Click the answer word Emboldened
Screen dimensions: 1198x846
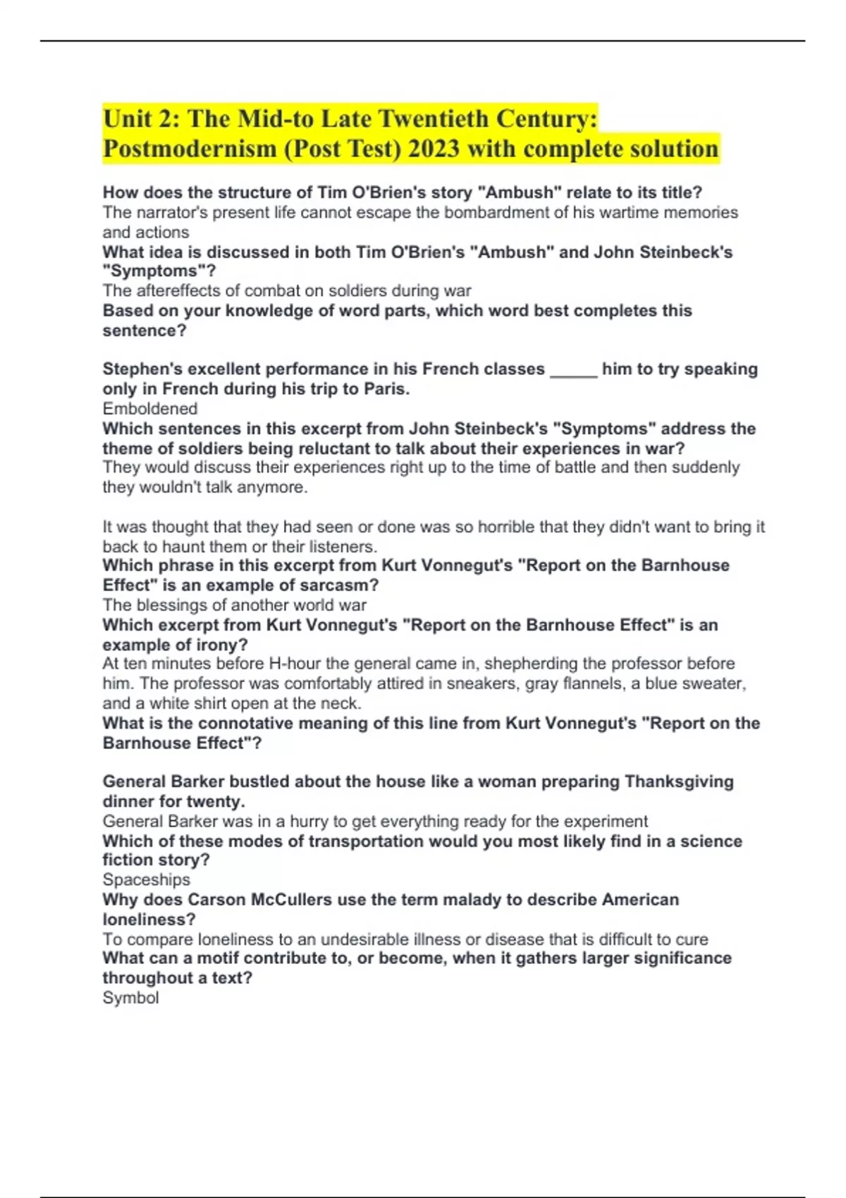coord(150,409)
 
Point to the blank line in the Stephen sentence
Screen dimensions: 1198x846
coord(573,370)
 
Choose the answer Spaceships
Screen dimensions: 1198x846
coord(147,879)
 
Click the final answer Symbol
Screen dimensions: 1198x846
coord(130,998)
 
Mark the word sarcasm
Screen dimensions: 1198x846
coord(344,585)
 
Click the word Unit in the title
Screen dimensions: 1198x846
coord(128,118)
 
